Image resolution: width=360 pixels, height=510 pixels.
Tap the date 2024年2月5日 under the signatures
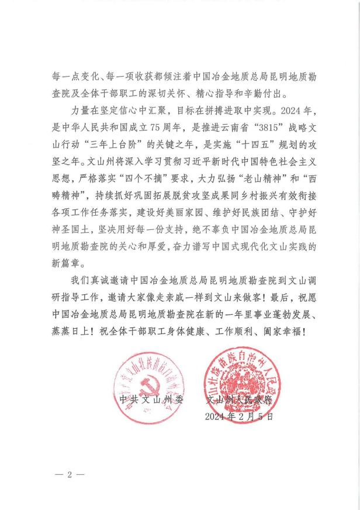pos(239,416)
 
